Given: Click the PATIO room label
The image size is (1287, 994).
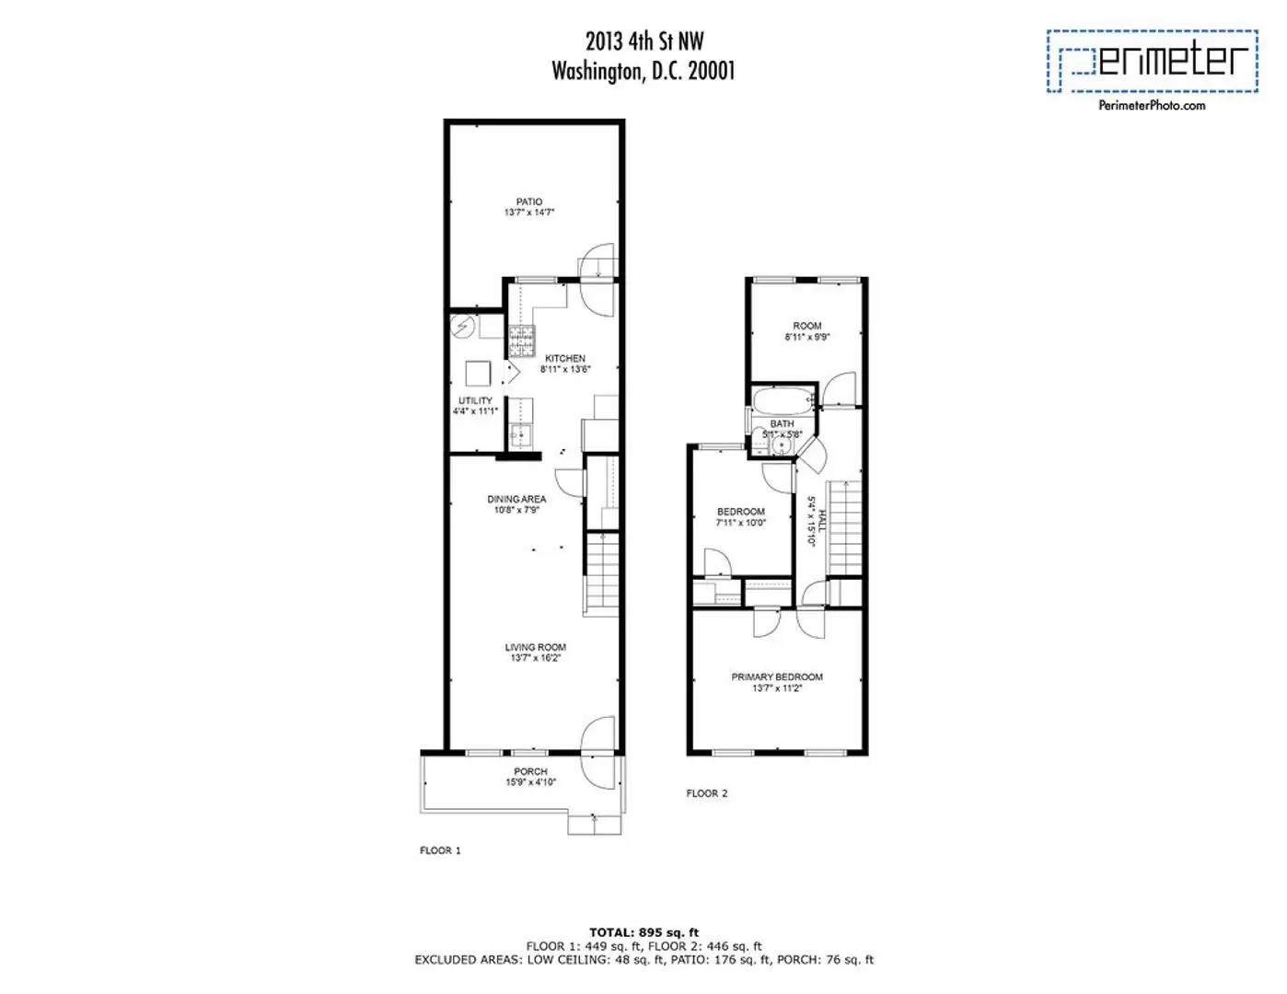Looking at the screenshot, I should pyautogui.click(x=528, y=202).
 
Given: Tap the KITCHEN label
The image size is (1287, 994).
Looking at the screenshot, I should pyautogui.click(x=564, y=358).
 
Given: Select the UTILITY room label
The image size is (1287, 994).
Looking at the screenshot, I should pyautogui.click(x=475, y=400).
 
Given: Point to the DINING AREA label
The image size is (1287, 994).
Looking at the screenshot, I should pyautogui.click(x=516, y=499).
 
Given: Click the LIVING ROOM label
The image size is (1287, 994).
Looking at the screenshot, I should pyautogui.click(x=535, y=647).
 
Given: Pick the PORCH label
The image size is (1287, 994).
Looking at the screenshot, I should pyautogui.click(x=530, y=771).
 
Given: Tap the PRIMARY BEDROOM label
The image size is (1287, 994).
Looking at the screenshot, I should pyautogui.click(x=777, y=676).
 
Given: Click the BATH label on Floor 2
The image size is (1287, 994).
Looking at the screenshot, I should pyautogui.click(x=782, y=423).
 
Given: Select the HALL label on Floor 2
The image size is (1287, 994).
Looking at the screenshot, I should pyautogui.click(x=821, y=521).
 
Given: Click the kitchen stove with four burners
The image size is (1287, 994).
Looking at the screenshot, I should pyautogui.click(x=521, y=342).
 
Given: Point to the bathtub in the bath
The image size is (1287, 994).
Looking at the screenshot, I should pyautogui.click(x=783, y=400).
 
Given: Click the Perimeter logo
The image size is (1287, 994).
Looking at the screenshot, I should pyautogui.click(x=1152, y=61).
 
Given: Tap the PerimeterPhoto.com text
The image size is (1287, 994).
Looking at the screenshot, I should pyautogui.click(x=1152, y=105).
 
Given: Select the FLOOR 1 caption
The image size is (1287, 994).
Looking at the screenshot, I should pyautogui.click(x=440, y=850).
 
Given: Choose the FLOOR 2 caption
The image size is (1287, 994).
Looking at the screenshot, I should pyautogui.click(x=707, y=793).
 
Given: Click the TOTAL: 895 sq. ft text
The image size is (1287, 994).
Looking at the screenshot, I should pyautogui.click(x=643, y=932).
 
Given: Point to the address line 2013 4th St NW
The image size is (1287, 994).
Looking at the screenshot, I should pyautogui.click(x=643, y=40).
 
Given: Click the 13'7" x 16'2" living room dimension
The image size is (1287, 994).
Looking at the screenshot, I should pyautogui.click(x=535, y=658).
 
